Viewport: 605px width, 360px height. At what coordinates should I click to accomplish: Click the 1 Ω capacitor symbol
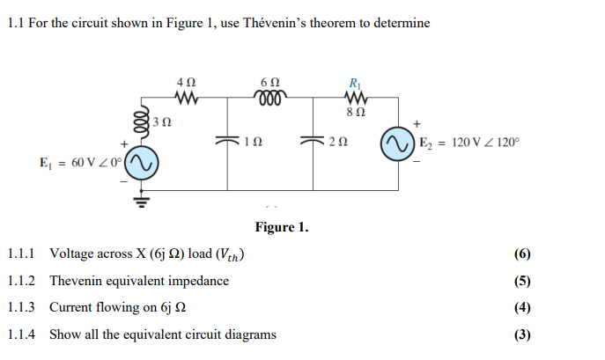[228, 139]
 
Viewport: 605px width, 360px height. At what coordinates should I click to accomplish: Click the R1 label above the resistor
[355, 81]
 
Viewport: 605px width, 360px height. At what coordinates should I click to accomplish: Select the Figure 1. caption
[282, 228]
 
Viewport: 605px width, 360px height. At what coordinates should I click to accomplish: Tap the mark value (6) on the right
[522, 255]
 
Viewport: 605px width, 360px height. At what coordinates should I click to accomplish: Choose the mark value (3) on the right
[522, 334]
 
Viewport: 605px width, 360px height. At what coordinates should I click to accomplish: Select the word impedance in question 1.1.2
[199, 282]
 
